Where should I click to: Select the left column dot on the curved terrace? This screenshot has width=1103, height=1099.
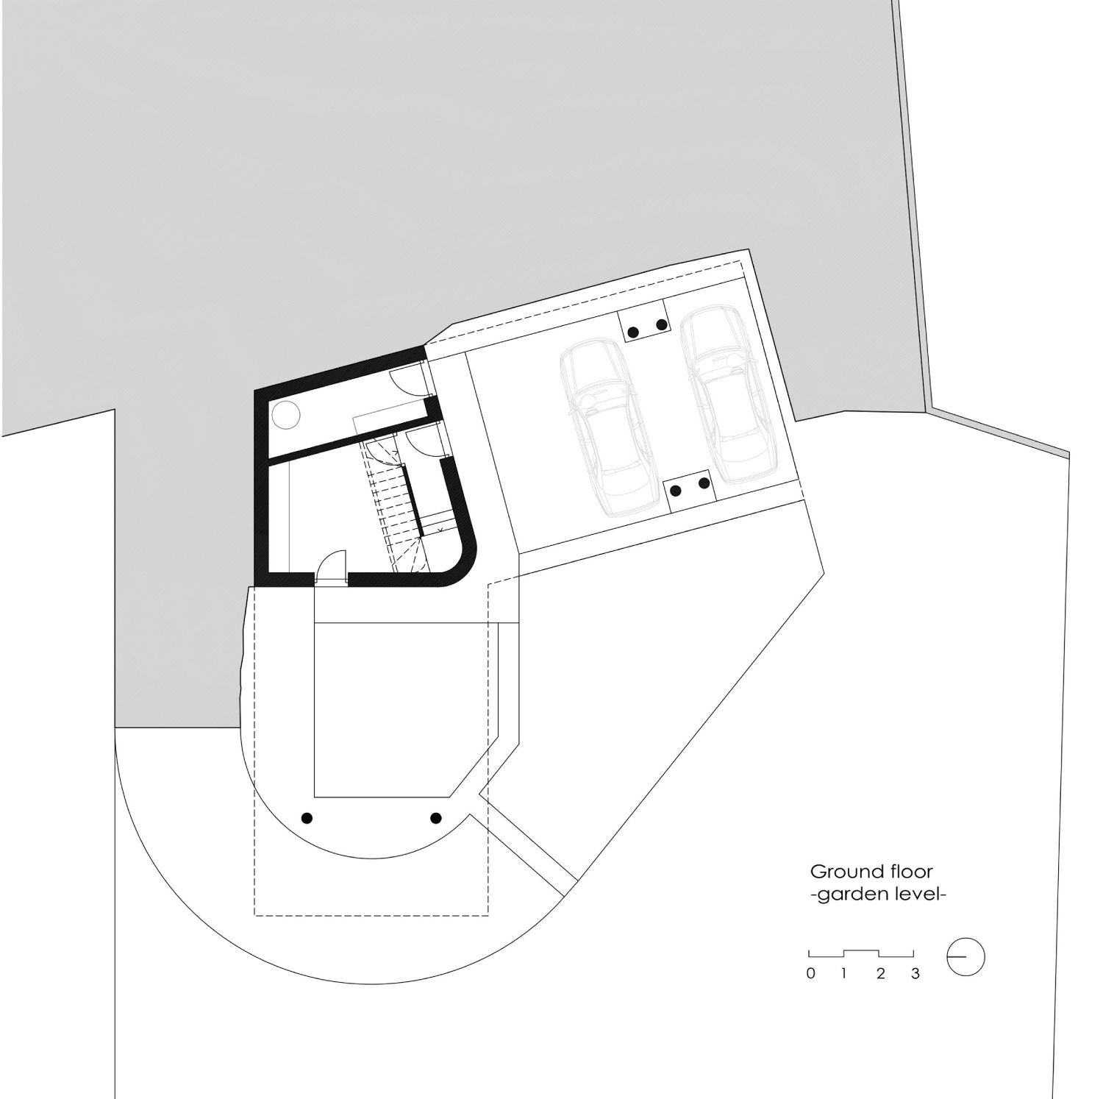point(307,817)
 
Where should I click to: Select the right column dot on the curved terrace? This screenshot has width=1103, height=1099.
point(436,817)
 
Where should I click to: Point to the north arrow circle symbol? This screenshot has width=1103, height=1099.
point(965,957)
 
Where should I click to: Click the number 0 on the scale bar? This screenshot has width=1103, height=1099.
point(810,974)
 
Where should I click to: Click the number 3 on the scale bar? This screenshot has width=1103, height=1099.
point(915,974)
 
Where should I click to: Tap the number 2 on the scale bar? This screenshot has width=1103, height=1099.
point(880,974)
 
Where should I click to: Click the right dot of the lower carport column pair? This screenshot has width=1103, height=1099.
point(704,483)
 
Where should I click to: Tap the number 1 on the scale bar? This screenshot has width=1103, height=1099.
point(844,974)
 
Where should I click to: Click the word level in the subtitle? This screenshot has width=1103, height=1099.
point(916,895)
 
